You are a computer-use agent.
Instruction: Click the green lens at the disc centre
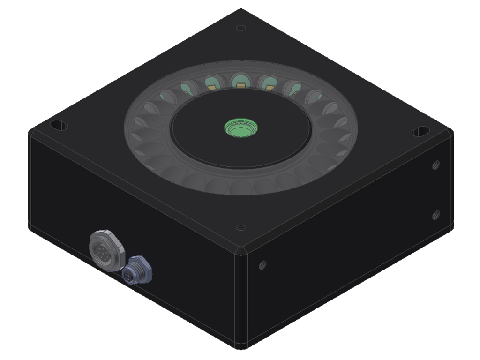click(240, 127)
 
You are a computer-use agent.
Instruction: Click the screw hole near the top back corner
click(241, 28)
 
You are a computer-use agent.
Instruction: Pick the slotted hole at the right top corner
click(421, 132)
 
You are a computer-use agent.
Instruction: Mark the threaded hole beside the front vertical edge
click(262, 265)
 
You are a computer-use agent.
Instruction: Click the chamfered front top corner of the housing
click(241, 248)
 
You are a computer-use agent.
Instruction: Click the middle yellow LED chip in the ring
click(240, 85)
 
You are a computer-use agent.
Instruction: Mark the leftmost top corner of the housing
click(30, 132)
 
